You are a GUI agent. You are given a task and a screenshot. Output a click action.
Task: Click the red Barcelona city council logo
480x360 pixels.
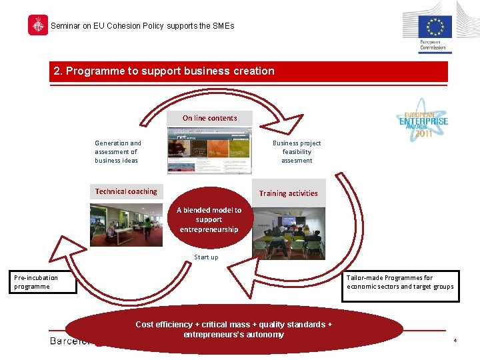click(38, 25)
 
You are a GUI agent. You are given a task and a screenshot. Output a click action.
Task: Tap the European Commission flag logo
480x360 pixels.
click(435, 28)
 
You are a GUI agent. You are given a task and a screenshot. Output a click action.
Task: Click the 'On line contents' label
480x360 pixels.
click(210, 118)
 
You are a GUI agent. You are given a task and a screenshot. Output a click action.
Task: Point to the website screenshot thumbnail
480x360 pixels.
click(209, 149)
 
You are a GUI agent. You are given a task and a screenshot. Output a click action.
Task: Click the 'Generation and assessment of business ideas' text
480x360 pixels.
click(118, 151)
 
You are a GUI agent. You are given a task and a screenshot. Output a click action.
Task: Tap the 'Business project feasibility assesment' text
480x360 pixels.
click(297, 151)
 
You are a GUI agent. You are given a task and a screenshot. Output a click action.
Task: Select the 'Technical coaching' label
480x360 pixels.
click(126, 191)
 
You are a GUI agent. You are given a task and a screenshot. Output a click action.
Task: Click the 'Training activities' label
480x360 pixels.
click(288, 193)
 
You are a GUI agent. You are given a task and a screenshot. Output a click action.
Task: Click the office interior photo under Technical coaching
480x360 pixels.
click(126, 225)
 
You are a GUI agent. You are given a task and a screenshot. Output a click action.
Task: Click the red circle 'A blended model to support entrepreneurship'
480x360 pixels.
click(209, 220)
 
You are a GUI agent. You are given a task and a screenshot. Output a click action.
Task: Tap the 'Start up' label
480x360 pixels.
click(206, 257)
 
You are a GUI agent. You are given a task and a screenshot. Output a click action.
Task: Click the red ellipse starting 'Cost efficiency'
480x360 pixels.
click(233, 329)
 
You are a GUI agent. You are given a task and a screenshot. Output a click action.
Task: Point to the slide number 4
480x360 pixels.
click(455, 341)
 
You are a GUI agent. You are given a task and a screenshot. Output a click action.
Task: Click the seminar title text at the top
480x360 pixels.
click(143, 26)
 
